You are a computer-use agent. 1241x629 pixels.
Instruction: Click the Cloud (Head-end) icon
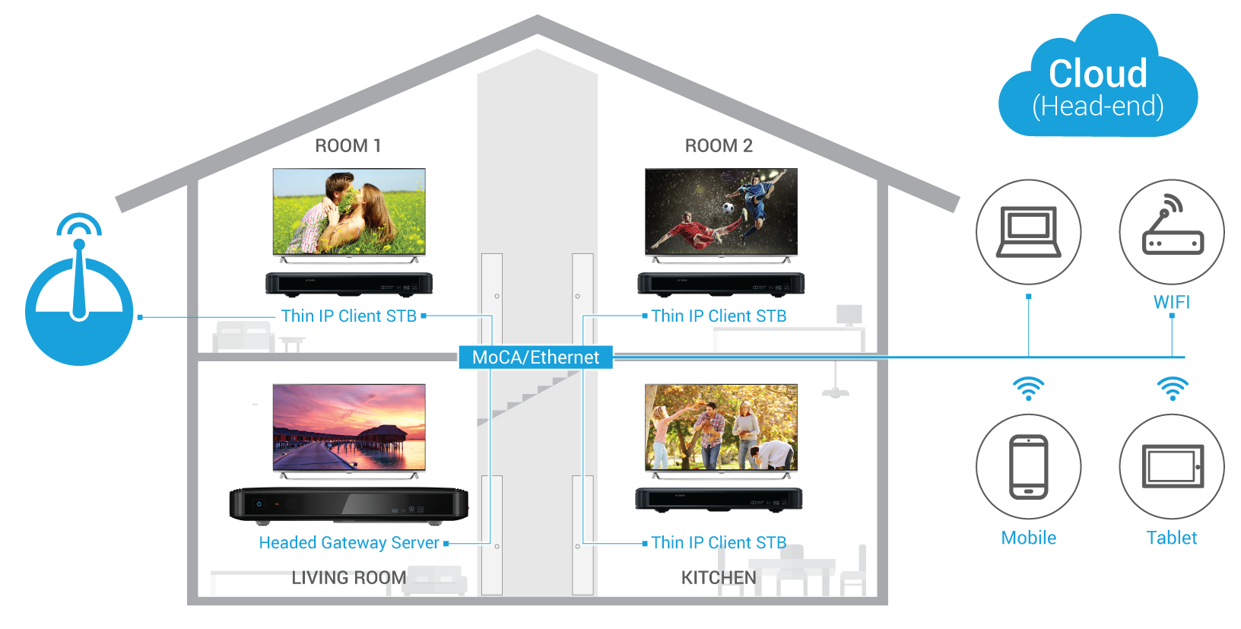[1098, 78]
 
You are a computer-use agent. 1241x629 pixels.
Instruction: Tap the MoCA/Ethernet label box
[536, 357]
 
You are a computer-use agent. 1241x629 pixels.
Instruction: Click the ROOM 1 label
[348, 146]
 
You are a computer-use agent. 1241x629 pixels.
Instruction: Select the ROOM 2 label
[719, 146]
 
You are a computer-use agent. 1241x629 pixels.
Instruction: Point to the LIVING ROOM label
[349, 577]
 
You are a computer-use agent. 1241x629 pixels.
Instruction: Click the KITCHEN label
[719, 577]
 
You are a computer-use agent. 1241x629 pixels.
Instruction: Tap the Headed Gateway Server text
[349, 542]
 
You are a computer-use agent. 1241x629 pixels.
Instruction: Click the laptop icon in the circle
[1029, 232]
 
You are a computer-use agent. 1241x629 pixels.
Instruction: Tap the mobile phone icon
[1029, 467]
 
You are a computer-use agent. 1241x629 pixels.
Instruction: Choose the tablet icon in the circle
[1173, 466]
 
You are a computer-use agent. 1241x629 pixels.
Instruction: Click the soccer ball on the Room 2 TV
[728, 208]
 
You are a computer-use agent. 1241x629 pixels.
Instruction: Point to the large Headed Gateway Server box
[349, 505]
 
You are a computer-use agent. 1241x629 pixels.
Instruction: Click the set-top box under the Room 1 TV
[349, 284]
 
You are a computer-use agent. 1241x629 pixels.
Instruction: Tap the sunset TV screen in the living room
[349, 427]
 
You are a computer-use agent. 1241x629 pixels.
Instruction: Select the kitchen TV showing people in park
[721, 427]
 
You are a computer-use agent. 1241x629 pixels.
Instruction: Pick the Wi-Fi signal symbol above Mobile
[1029, 389]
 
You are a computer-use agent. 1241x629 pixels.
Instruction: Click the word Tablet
[1172, 538]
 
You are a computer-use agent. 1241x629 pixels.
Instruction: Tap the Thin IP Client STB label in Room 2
[719, 316]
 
